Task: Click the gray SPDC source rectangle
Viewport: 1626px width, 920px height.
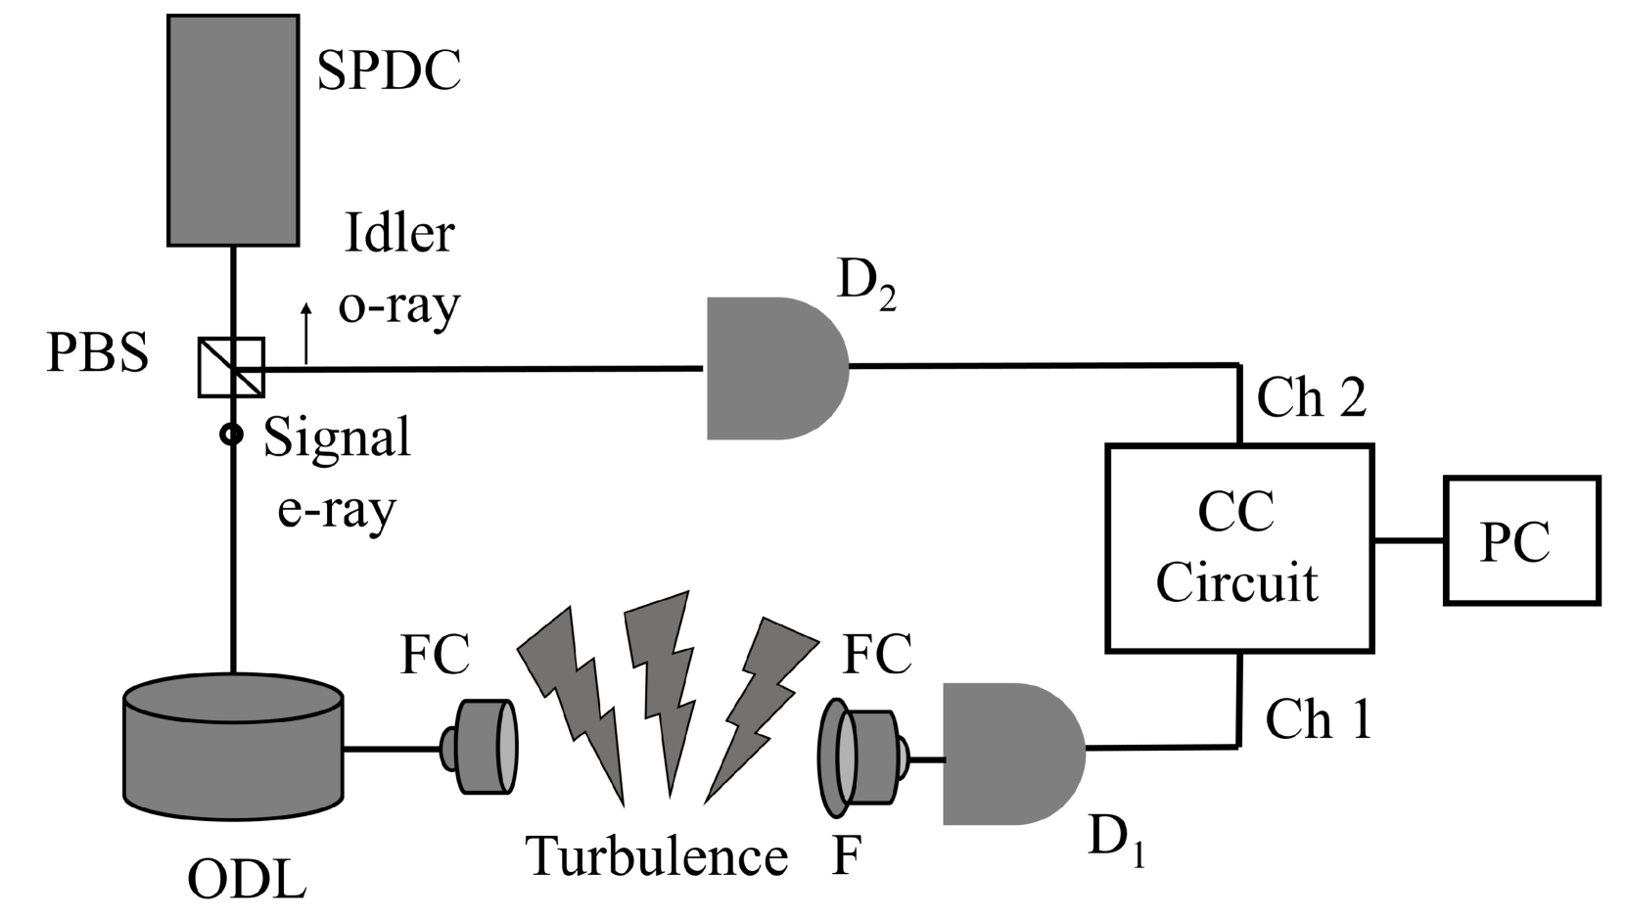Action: (x=233, y=129)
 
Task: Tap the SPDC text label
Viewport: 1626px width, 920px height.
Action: (x=389, y=70)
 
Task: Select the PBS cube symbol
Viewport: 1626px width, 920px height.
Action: (x=231, y=367)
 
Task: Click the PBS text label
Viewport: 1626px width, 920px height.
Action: (x=98, y=353)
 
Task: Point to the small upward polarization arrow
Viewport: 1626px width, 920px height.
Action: (x=306, y=333)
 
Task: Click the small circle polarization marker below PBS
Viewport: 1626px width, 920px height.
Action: (x=231, y=434)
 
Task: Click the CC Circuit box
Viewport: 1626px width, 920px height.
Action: (x=1239, y=548)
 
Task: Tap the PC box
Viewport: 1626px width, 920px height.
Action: (x=1521, y=540)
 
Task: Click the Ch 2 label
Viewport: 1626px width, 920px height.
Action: (x=1312, y=399)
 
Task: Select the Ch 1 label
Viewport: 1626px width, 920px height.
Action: (x=1319, y=719)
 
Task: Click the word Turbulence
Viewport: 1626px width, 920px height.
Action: (x=658, y=856)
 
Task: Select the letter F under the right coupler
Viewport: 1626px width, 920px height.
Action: (x=846, y=856)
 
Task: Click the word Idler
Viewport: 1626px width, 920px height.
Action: (x=399, y=234)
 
